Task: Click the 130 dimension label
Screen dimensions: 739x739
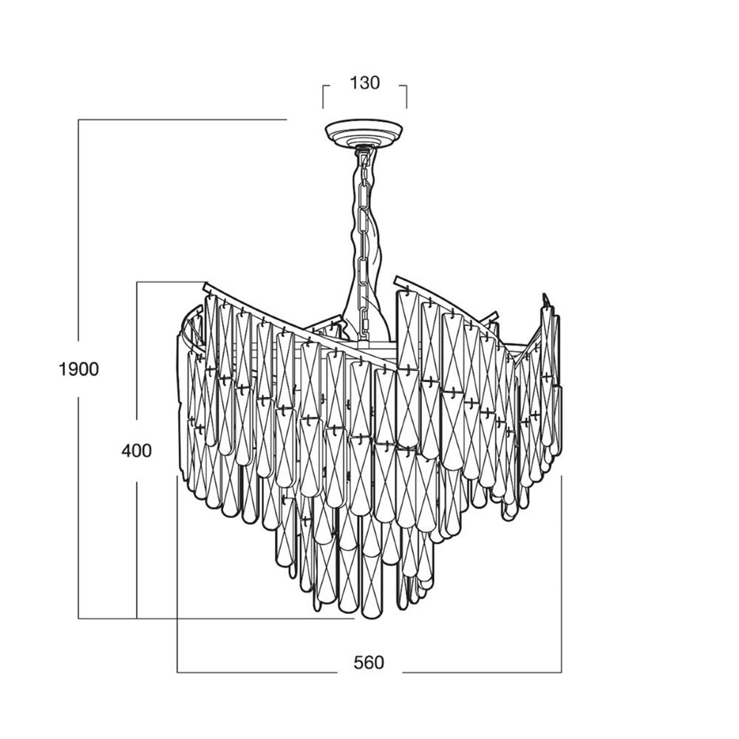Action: pos(364,83)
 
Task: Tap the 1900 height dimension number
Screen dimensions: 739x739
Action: pos(79,369)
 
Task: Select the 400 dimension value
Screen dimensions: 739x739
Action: pos(137,451)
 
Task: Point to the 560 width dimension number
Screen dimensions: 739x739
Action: pos(369,663)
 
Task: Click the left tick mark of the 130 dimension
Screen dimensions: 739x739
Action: pos(324,96)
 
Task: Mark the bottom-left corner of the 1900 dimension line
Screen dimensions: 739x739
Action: pos(78,619)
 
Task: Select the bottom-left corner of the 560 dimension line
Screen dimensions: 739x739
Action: pos(177,672)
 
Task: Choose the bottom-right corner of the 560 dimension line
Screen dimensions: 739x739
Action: pos(562,672)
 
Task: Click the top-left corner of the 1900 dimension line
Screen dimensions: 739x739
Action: pos(78,120)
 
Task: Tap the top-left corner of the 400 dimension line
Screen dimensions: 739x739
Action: pos(137,282)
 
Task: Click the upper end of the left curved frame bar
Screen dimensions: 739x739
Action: pos(205,285)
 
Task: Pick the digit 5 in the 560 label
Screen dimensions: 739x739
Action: pos(358,663)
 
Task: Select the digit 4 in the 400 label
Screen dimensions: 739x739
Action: pos(126,451)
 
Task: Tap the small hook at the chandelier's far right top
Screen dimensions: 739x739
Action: pos(546,299)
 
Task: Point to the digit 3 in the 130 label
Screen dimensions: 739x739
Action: pos(364,83)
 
